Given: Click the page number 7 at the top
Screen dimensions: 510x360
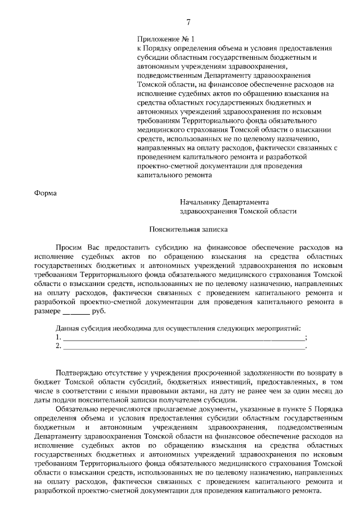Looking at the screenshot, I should click(188, 22).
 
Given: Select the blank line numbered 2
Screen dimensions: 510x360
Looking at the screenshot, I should click(183, 346).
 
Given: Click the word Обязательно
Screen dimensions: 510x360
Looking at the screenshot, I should click(79, 409).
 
